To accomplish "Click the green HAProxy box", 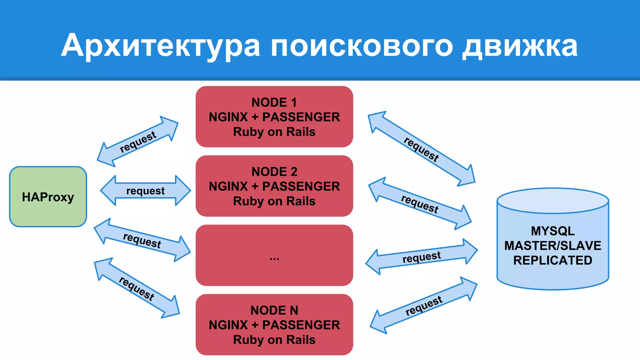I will (48, 197).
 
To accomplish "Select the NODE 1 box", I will (274, 117).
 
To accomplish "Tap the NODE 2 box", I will (274, 186).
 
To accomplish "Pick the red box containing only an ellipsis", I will (274, 255).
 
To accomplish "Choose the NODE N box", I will (274, 324).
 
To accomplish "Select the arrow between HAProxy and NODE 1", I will (137, 142).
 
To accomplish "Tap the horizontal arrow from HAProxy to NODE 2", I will (145, 191).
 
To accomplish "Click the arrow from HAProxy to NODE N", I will (137, 288).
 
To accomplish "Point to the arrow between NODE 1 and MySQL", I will (421, 149).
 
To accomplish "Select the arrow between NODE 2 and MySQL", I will (420, 204).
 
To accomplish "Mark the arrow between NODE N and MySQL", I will (423, 305).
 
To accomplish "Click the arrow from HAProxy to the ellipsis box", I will (142, 240).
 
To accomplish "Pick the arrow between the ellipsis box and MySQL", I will (421, 257).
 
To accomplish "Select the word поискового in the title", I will (362, 46).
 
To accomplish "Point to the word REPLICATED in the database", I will (552, 260).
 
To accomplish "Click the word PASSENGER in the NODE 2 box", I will (301, 186).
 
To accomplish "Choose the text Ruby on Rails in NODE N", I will (274, 340).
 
